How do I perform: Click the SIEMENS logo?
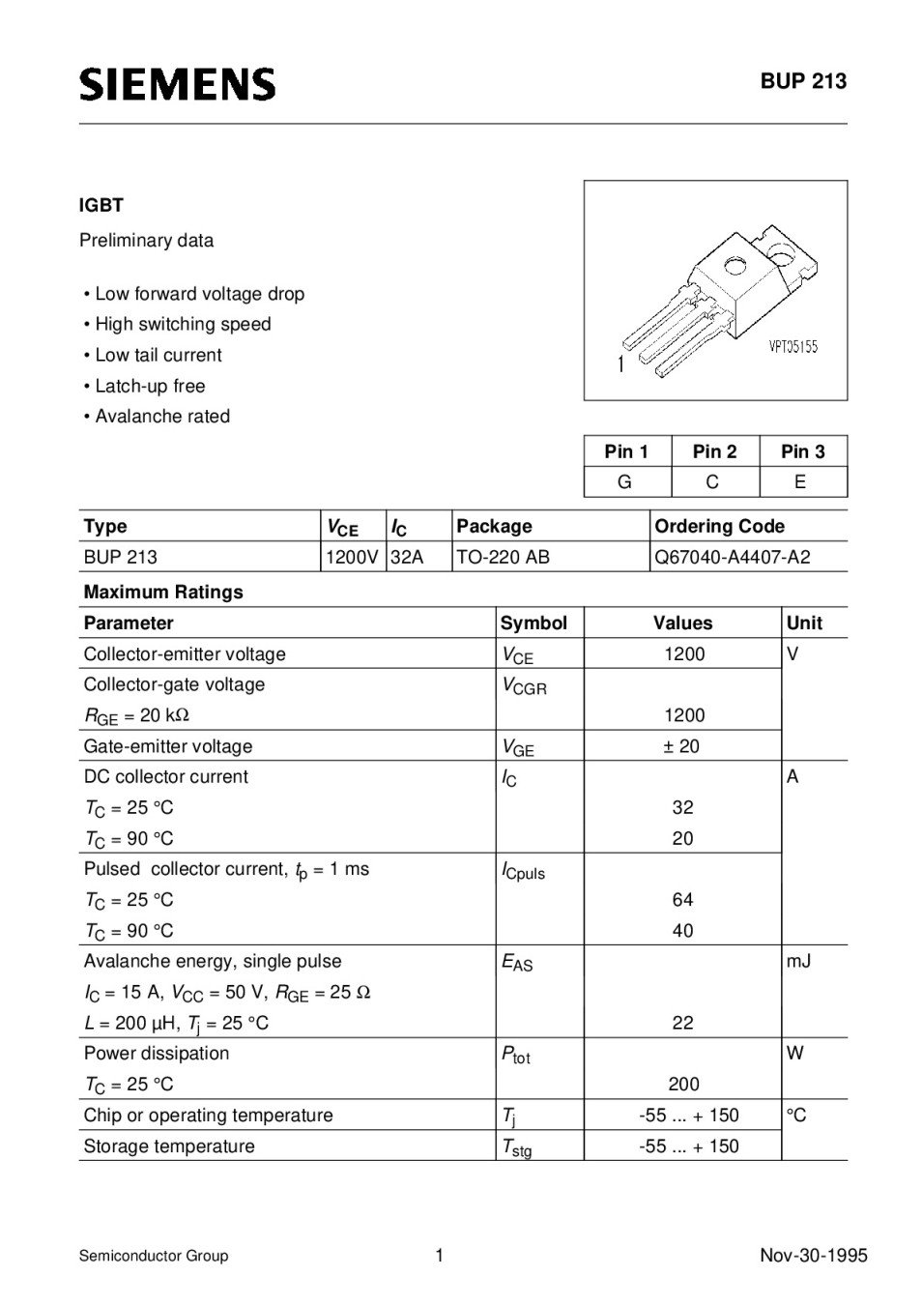[x=177, y=84]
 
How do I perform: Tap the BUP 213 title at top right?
[x=802, y=81]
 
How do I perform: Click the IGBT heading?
[x=101, y=205]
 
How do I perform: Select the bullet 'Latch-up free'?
[x=150, y=386]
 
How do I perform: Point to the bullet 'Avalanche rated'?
[x=162, y=417]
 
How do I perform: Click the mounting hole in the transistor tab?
[x=735, y=264]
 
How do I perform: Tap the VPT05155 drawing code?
[x=792, y=346]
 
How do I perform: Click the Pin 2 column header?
[x=714, y=451]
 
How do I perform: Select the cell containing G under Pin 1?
[x=625, y=481]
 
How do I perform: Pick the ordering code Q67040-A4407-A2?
[x=732, y=557]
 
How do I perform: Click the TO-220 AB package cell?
[x=503, y=557]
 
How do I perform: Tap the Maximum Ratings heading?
[x=163, y=592]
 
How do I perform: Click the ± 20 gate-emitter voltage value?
[x=682, y=746]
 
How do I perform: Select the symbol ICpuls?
[x=523, y=871]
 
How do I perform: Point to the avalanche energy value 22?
[x=682, y=1023]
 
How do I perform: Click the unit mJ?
[x=798, y=961]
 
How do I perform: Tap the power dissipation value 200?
[x=683, y=1085]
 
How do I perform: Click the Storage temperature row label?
[x=169, y=1146]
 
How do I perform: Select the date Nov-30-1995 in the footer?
[x=813, y=1256]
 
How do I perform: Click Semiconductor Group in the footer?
[x=154, y=1256]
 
